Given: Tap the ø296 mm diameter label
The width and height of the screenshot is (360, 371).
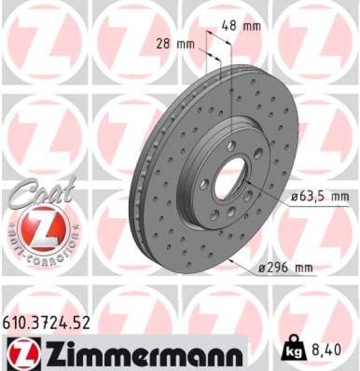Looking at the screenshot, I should coord(286,268).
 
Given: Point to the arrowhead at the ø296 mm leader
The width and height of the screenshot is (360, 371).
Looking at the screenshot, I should coord(231,260).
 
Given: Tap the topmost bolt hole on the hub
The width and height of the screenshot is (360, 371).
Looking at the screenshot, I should coord(231,145).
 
